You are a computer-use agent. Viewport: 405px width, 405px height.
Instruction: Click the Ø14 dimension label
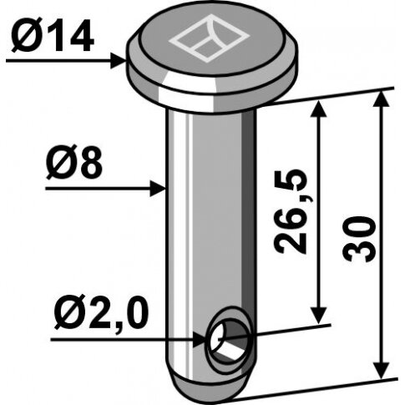pos(53,36)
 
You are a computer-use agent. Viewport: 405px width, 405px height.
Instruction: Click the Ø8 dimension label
pos(74,163)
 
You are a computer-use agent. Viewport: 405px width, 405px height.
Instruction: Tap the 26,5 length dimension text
pos(290,211)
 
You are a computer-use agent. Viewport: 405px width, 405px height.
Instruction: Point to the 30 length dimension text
pos(360,239)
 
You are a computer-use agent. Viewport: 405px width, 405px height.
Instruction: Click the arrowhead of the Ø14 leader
pos(119,61)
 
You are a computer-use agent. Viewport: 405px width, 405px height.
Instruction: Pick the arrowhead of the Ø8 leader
pos(158,189)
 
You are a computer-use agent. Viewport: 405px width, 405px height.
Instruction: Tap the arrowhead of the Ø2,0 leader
pos(200,340)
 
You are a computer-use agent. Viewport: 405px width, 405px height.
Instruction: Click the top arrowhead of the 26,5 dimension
pos(318,109)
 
